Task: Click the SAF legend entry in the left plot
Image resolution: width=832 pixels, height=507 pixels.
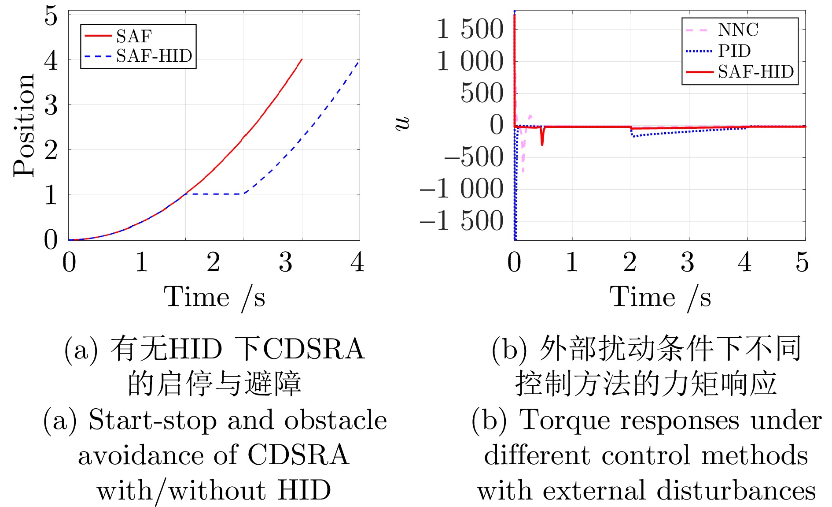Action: (134, 36)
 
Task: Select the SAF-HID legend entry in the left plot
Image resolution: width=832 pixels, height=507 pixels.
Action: (154, 56)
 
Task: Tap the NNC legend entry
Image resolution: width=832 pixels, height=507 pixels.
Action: (738, 30)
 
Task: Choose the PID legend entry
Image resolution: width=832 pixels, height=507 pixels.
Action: (734, 51)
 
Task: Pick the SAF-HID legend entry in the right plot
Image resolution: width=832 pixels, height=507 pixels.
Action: (755, 71)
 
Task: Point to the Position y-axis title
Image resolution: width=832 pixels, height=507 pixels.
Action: (24, 126)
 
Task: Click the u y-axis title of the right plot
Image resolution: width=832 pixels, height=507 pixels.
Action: (402, 124)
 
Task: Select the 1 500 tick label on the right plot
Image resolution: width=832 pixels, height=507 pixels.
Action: (470, 30)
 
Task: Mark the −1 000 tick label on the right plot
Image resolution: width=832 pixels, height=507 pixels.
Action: (461, 189)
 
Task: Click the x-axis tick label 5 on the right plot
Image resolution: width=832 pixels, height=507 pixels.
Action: (802, 262)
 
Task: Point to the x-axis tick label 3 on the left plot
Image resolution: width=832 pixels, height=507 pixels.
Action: (285, 262)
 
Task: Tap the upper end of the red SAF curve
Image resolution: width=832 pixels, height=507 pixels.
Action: (301, 60)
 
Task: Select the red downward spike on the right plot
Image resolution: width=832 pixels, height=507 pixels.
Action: (542, 138)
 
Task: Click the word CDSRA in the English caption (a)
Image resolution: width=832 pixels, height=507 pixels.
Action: (298, 455)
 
